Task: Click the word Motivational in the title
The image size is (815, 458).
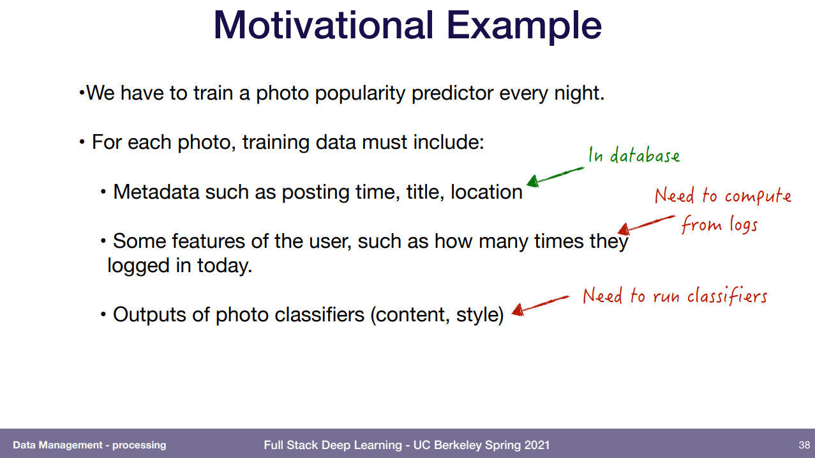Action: (324, 25)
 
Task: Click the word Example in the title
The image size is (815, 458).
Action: (524, 27)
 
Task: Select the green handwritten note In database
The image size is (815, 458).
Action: (634, 155)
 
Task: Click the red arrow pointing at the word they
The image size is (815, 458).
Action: (646, 225)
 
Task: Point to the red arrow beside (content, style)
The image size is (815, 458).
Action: (541, 305)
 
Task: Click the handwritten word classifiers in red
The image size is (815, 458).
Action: (727, 296)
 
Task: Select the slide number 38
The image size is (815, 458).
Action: (804, 445)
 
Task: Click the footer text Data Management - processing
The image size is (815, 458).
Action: (89, 445)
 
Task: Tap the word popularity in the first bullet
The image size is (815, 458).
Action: (360, 93)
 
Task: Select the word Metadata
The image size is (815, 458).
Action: (156, 192)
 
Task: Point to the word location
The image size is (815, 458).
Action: (486, 192)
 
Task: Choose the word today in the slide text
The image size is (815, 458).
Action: (225, 265)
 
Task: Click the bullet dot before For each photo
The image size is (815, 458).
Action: (82, 142)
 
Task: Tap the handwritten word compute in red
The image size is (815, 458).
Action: (758, 197)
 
